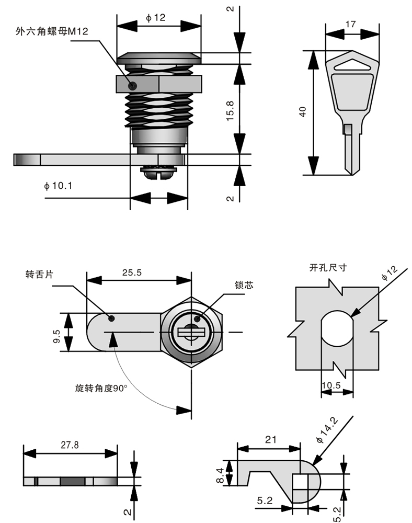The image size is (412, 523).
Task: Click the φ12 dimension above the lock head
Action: point(155,18)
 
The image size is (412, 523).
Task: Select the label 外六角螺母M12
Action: point(52,31)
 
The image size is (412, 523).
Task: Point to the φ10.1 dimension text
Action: point(58,186)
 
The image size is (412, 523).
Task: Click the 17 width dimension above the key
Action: point(350,24)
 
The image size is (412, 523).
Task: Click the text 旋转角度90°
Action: point(101,389)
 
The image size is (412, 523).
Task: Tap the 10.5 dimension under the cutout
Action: point(331,386)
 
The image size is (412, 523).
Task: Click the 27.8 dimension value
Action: point(70,445)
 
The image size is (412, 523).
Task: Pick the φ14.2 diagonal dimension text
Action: point(329,429)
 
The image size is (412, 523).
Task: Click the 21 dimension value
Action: point(270,440)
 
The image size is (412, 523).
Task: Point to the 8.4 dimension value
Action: point(220,476)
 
